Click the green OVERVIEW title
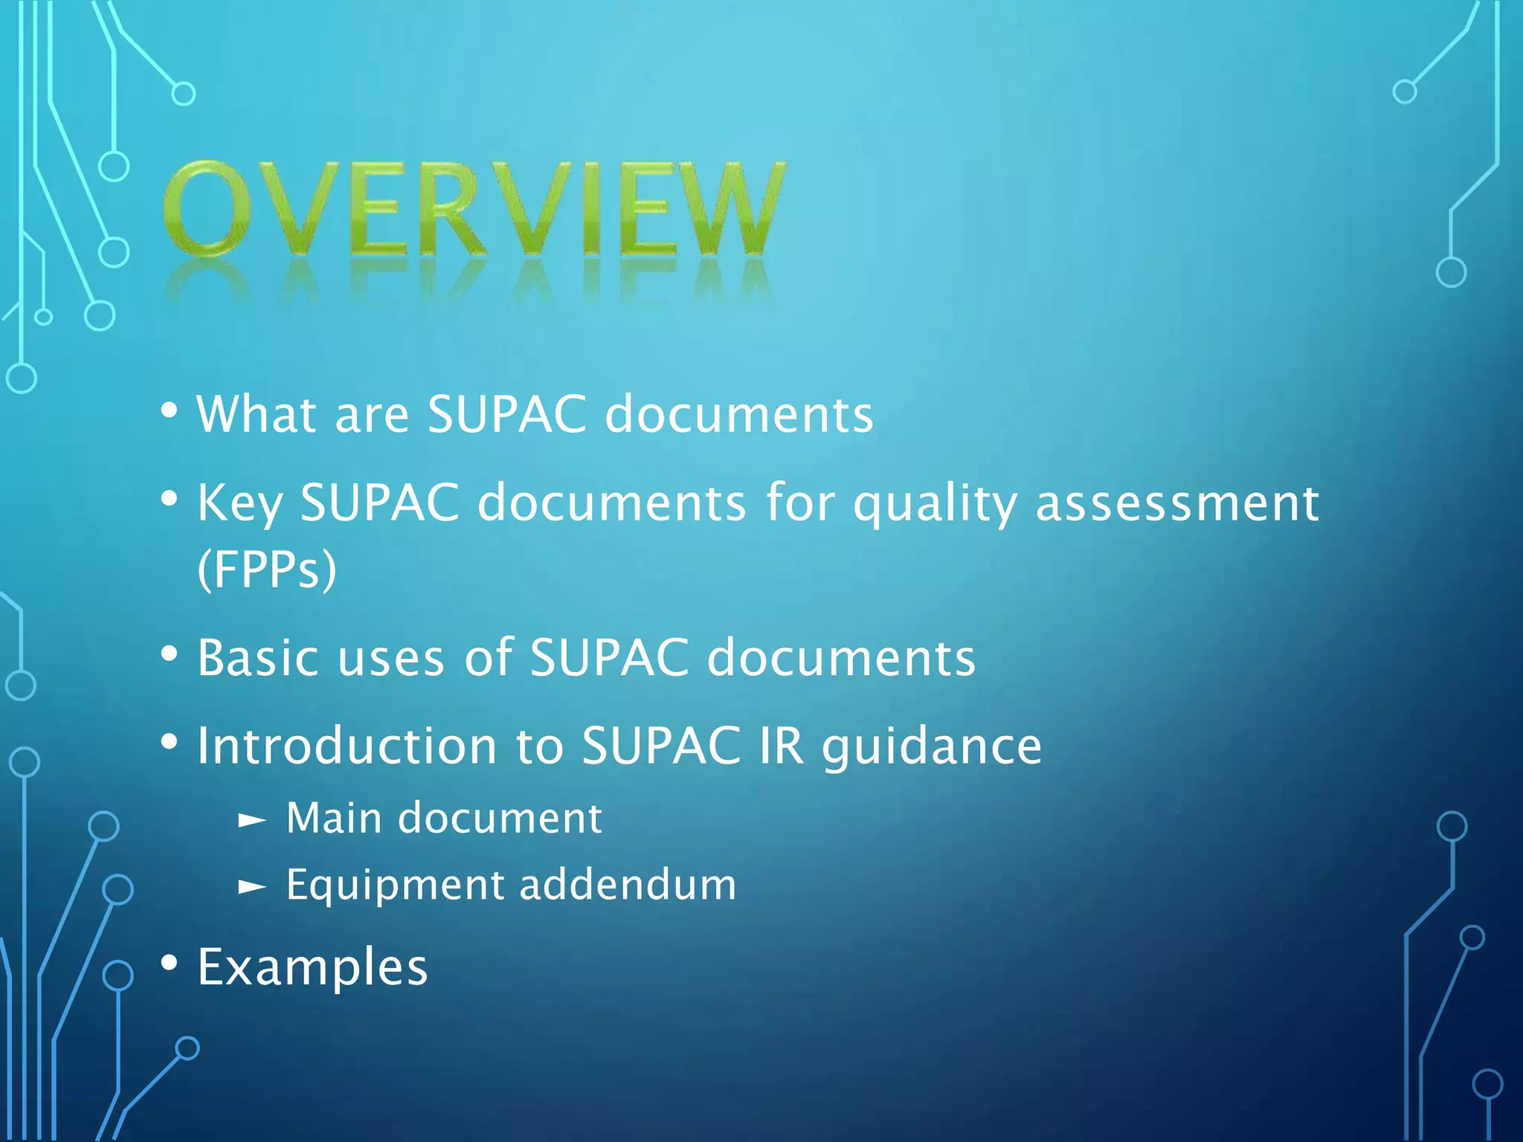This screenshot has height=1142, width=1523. point(474,210)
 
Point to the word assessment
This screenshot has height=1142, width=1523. point(1177,504)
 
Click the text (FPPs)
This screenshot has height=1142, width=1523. point(267,570)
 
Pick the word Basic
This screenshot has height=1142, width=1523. point(258,658)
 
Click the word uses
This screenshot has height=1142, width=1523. point(391,659)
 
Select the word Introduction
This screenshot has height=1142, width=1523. point(347,746)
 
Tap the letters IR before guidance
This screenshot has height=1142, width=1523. point(782,746)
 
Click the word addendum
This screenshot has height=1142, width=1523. point(627,885)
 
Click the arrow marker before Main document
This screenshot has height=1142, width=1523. point(251,820)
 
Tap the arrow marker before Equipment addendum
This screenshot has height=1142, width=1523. point(251,886)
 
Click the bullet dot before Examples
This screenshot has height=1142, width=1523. point(170,964)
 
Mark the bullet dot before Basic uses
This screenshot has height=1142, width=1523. point(170,654)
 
